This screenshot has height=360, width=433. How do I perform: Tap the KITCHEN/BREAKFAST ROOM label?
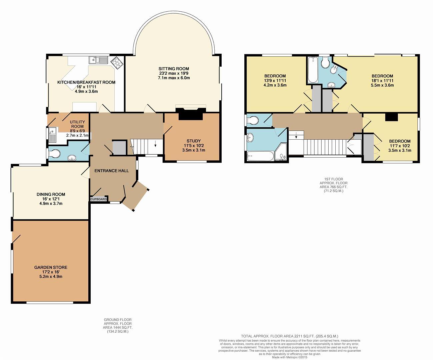(x=86, y=82)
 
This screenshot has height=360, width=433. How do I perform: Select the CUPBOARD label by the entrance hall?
(x=99, y=199)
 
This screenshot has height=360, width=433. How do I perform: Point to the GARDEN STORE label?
(x=51, y=267)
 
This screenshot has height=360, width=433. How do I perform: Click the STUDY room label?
(x=194, y=141)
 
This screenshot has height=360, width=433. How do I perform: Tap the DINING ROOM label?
(x=51, y=194)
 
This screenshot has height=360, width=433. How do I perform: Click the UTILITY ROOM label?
(x=77, y=124)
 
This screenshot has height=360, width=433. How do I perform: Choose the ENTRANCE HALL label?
(x=111, y=171)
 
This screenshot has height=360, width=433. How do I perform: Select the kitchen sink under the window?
(x=98, y=60)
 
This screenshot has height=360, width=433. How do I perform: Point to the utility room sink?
(x=53, y=135)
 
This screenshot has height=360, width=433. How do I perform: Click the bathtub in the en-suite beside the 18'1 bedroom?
(x=312, y=70)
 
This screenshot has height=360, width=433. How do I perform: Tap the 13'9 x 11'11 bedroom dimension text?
(x=275, y=80)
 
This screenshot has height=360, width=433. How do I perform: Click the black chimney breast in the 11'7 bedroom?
(x=391, y=117)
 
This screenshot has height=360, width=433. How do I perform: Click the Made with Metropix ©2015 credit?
(x=289, y=357)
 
